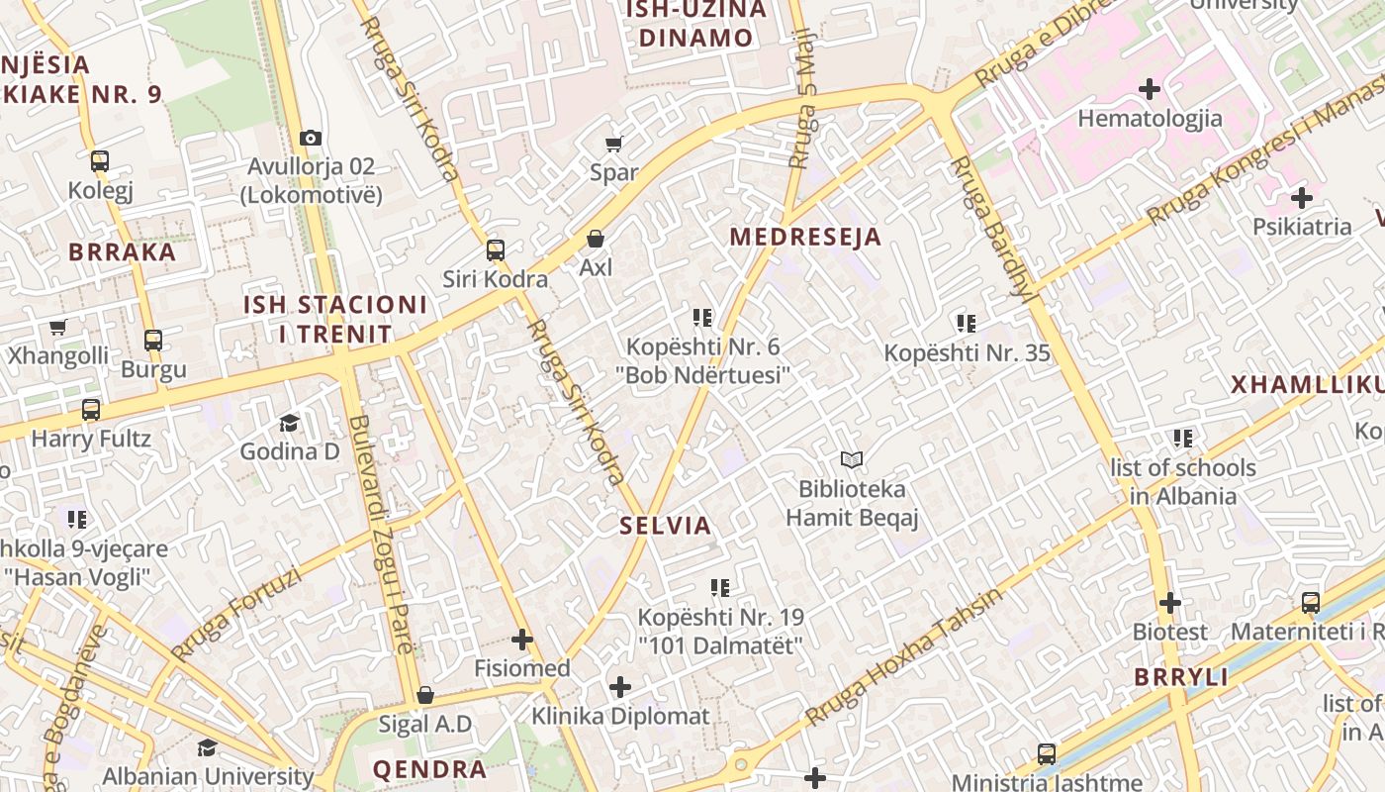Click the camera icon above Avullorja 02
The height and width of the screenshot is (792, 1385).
311,138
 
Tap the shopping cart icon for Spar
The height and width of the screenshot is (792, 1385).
613,144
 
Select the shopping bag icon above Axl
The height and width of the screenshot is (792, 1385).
596,239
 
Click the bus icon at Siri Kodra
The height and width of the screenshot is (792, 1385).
496,250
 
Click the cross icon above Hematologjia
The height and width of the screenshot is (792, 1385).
1150,90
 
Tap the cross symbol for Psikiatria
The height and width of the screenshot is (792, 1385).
1302,198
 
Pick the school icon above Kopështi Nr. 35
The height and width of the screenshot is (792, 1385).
967,323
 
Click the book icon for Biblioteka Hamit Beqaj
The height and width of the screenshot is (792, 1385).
852,459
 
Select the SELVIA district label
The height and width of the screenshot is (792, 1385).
666,526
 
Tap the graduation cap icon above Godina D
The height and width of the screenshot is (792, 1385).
289,424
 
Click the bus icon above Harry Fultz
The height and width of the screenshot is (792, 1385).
91,409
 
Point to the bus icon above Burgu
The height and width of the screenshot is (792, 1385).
153,341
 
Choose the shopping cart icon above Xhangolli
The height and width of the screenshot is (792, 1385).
57,328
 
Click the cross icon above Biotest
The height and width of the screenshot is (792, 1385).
1170,603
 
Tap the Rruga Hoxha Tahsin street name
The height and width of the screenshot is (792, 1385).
902,657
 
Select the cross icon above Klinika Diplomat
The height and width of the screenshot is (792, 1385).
620,687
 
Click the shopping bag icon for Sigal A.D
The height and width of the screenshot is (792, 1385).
425,695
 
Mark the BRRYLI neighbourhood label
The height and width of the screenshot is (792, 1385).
1181,678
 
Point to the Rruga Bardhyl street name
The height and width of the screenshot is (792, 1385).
994,228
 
